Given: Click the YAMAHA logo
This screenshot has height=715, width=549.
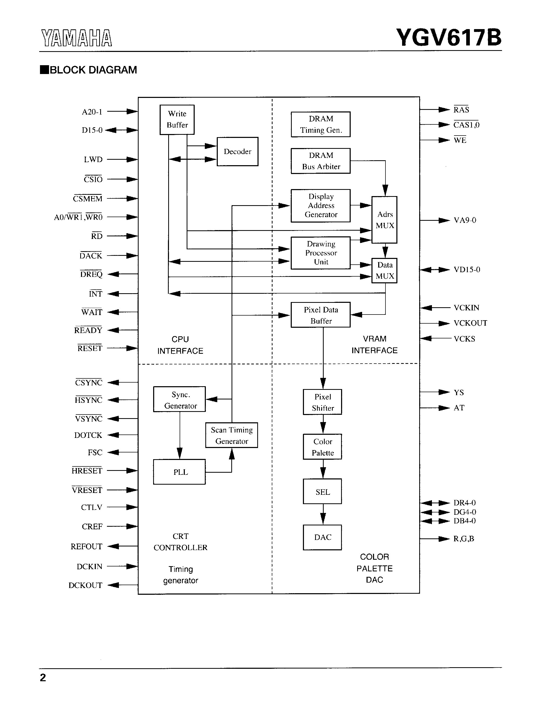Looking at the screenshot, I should click(x=77, y=38).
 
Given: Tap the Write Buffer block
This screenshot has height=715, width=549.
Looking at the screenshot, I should click(x=177, y=120).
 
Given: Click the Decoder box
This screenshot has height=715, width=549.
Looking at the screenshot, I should click(x=238, y=151).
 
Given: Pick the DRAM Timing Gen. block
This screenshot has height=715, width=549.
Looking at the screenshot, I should click(x=321, y=124).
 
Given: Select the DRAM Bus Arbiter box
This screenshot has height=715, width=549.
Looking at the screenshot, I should click(x=321, y=161).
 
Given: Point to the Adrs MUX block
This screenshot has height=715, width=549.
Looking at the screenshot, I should click(x=385, y=220).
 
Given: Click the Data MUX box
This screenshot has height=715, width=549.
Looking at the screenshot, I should click(x=385, y=270).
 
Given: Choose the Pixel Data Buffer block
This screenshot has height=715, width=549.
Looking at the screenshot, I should click(x=321, y=315).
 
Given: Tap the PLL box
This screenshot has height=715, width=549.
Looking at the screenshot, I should click(x=179, y=472).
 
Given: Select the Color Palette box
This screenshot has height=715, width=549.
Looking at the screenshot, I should click(x=323, y=447).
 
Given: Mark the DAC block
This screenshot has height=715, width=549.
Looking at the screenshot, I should click(x=323, y=537).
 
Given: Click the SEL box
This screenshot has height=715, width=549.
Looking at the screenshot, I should click(x=323, y=492).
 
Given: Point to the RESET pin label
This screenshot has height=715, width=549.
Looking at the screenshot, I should click(x=90, y=348).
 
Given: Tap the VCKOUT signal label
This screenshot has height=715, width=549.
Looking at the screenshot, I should click(x=470, y=323).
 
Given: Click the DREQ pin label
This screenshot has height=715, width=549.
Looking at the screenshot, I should click(x=91, y=274).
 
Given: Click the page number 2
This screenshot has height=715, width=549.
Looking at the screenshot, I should click(x=43, y=677).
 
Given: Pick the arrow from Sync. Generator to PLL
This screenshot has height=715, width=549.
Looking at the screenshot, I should click(x=180, y=435).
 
